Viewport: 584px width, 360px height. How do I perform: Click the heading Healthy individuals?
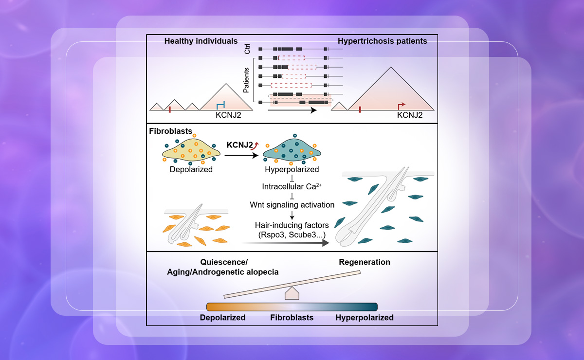(x=194, y=41)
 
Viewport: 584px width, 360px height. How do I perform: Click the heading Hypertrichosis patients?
(x=382, y=41)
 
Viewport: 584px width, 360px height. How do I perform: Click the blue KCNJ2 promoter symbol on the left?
(x=220, y=105)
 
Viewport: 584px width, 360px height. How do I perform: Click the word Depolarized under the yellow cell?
(x=190, y=170)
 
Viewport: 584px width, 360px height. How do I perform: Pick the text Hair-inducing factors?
(x=292, y=225)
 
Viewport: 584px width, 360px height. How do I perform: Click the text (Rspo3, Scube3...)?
(x=292, y=235)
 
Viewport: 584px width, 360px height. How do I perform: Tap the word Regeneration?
(x=365, y=262)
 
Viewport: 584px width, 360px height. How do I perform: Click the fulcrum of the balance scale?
(x=291, y=293)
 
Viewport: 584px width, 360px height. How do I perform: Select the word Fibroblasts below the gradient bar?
(x=292, y=318)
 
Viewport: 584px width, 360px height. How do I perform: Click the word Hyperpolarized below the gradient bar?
(x=365, y=318)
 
